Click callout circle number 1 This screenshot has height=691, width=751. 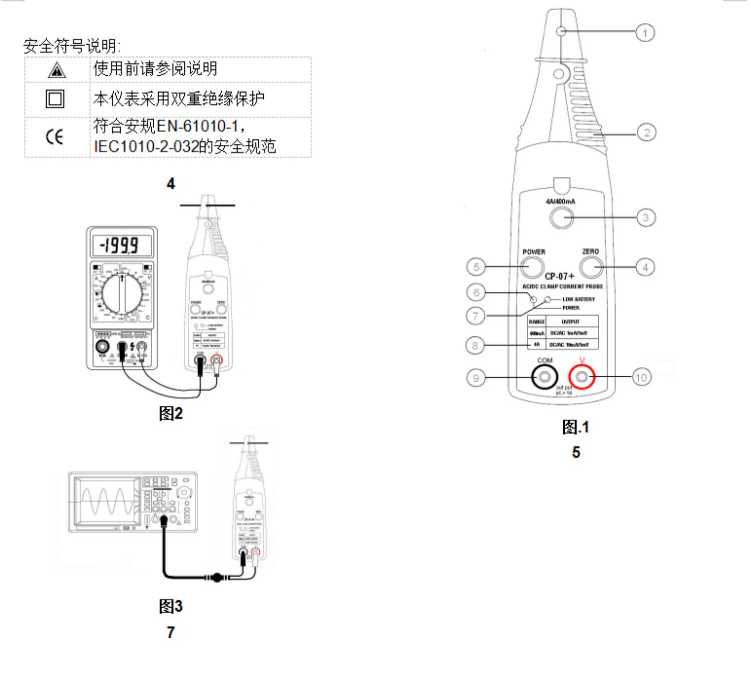click(645, 33)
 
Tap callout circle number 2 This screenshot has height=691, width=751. click(646, 133)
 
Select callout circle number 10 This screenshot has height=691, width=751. click(641, 377)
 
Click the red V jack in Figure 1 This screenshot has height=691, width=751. click(581, 377)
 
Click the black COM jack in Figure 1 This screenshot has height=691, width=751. click(545, 377)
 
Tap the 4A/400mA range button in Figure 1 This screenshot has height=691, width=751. click(561, 217)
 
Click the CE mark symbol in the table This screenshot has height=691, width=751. click(55, 137)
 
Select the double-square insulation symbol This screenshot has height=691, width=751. click(55, 99)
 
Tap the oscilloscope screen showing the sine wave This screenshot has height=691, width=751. click(107, 502)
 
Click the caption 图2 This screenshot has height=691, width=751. click(171, 413)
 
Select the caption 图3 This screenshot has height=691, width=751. click(171, 606)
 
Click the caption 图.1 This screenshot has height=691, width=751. click(576, 427)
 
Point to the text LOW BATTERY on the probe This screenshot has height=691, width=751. click(578, 299)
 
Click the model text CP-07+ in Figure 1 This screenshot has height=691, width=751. click(559, 276)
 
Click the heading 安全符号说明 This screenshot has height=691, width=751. click(72, 46)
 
